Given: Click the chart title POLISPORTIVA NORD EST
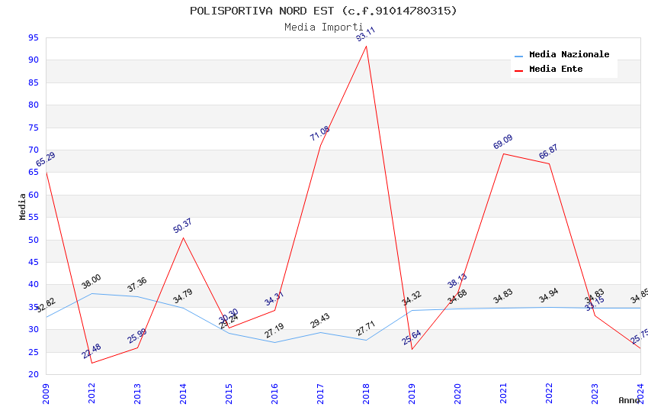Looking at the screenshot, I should coord(323,11).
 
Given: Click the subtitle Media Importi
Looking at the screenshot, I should coord(323,27).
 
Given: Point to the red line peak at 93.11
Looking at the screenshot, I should coord(366,47).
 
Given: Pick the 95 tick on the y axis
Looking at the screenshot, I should coord(34,37).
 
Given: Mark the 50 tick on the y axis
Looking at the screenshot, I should coord(34,240).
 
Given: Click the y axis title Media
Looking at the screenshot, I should coord(23,205).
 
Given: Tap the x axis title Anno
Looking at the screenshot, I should coord(629,400).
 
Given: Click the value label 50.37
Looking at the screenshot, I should coord(182,226).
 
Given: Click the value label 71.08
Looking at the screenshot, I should coord(319,133).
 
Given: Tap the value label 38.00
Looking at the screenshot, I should coord(91,282).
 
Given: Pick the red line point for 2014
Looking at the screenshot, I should coord(183,237).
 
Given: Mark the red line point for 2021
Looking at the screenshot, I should coord(503,153).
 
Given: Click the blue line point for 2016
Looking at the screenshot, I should coord(274,342).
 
